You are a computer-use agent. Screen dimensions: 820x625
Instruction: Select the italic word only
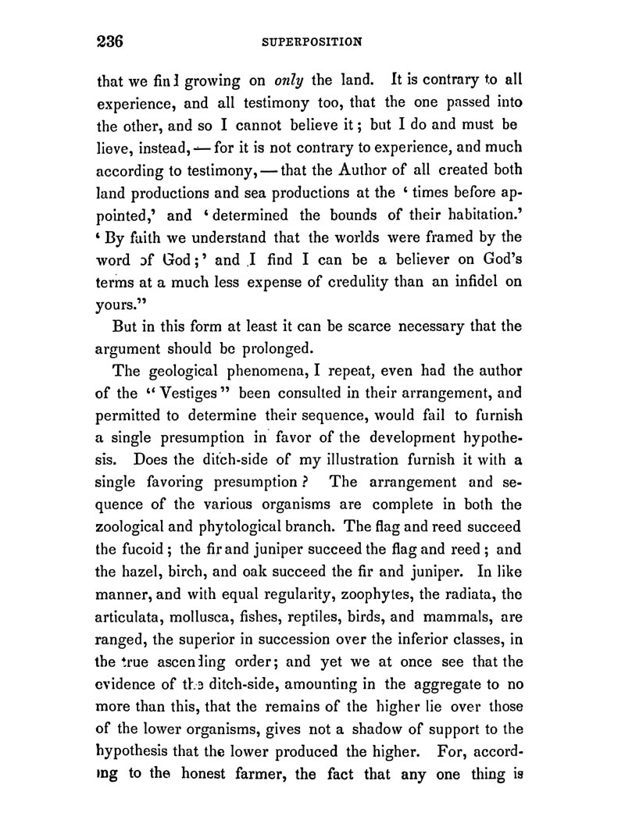click(x=286, y=80)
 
